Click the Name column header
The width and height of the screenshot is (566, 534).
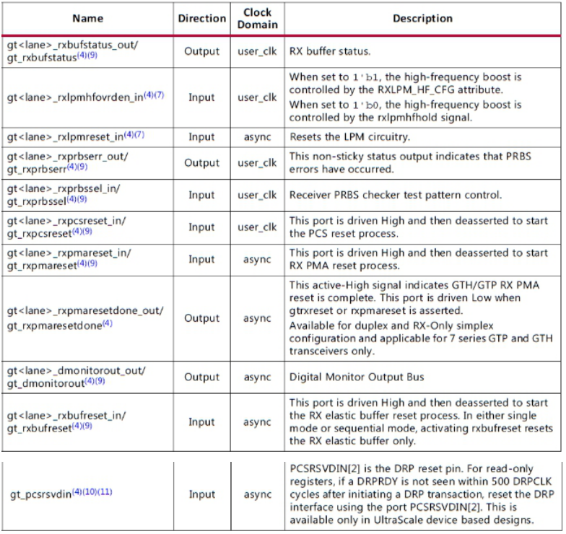point(88,18)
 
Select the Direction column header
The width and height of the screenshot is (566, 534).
point(201,18)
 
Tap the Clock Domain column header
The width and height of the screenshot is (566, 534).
point(258,18)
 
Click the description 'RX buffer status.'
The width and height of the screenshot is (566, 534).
point(331,52)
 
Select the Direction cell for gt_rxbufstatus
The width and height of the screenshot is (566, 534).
point(201,52)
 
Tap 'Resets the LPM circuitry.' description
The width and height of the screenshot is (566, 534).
point(349,136)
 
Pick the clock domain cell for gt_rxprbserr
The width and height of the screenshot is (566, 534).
point(258,162)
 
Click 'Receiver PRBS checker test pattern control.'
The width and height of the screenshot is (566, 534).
point(395,195)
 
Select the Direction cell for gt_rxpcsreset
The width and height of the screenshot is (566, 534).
point(201,227)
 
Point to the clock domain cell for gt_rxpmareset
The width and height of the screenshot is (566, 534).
point(258,260)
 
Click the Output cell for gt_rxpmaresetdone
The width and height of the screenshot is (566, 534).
point(201,318)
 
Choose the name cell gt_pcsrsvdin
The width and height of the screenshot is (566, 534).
point(61,494)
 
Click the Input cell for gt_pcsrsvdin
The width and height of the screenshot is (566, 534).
point(201,494)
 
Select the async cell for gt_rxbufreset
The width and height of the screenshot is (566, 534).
point(258,422)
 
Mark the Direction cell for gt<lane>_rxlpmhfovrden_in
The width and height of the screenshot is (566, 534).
point(201,97)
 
